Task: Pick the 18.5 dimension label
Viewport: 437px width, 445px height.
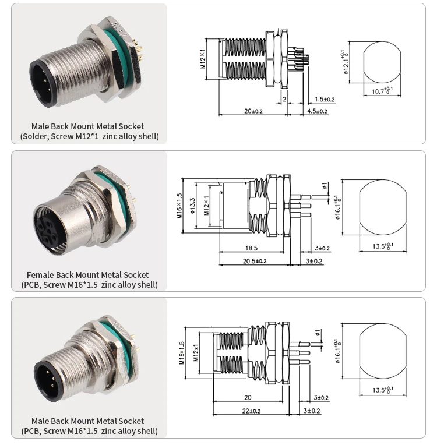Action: (x=251, y=248)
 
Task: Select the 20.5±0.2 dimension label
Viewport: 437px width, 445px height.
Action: (x=255, y=260)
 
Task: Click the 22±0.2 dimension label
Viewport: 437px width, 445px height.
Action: (x=252, y=411)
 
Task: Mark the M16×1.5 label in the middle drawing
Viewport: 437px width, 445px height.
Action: (x=181, y=205)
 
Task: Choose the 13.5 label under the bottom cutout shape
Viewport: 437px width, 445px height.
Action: (x=382, y=390)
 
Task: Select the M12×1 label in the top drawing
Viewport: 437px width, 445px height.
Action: (x=203, y=59)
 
